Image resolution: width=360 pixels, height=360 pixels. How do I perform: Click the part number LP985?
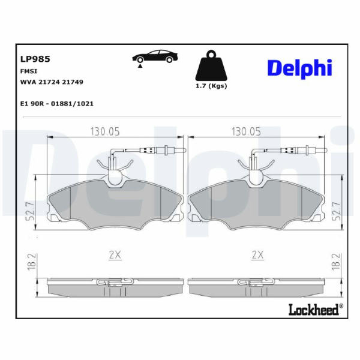point(35,59)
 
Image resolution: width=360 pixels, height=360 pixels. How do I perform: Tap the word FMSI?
point(29,71)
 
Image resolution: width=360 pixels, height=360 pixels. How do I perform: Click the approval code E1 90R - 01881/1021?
point(57,104)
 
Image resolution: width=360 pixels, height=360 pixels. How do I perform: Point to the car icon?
point(155,58)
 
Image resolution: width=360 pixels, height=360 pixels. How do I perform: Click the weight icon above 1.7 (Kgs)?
point(211,65)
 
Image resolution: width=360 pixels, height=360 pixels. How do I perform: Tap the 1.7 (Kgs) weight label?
point(211,86)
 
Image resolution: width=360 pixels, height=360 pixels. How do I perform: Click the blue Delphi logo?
point(300,68)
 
